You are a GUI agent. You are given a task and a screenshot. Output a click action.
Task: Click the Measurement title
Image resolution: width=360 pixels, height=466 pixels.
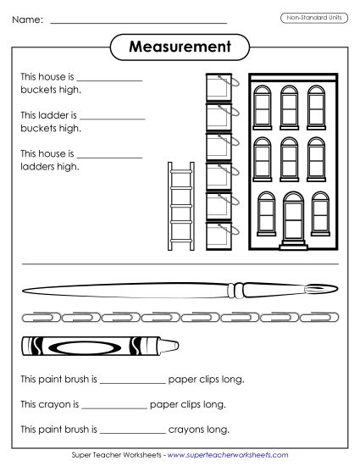[x=180, y=47]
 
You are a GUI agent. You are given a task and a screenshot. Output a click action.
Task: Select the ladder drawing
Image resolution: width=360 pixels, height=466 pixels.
[x=180, y=207]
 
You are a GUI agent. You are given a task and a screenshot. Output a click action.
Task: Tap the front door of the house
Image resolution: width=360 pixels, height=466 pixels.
[x=292, y=219]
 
